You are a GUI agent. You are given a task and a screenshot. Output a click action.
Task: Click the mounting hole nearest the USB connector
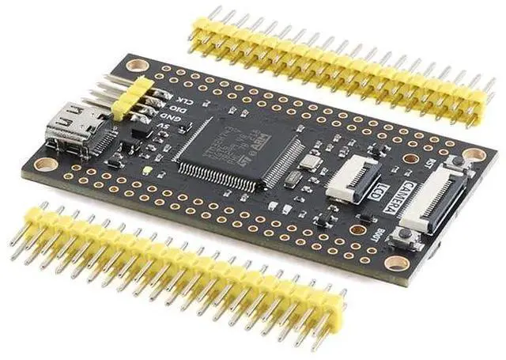pos(47,165)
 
